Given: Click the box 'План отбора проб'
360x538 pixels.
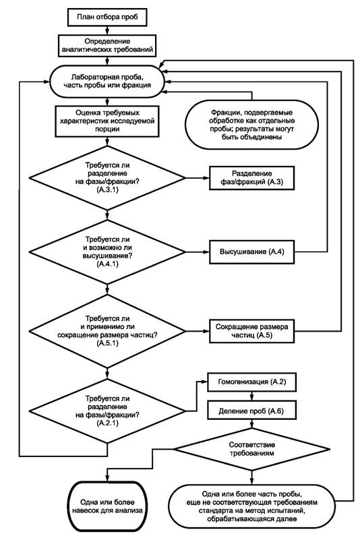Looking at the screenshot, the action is point(107,17).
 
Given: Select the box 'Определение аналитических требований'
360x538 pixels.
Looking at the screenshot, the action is point(107,45).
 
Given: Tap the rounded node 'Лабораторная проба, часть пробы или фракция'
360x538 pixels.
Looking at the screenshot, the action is point(107,82).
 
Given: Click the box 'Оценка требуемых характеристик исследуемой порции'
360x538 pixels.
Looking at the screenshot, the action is point(107,121).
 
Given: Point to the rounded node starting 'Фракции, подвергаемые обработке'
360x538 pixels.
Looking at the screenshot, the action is point(251,125).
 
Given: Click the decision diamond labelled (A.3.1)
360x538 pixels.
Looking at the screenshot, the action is point(107,178).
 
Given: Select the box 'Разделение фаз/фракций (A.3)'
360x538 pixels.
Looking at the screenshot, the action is point(252,178).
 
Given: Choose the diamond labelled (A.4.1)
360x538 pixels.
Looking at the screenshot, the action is point(107,252).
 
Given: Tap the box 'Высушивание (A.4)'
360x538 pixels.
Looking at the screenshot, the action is point(252,252).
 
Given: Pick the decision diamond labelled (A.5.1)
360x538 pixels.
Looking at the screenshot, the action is point(107,331).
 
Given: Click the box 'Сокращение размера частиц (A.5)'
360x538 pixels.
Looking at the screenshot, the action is point(252,331).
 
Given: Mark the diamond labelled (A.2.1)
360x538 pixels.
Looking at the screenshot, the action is point(107,411).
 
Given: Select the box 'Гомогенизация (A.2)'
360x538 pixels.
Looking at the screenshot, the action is point(251,382).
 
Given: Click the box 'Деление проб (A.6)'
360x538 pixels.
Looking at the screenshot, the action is point(251,411).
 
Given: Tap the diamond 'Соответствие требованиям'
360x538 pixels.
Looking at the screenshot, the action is point(251,449).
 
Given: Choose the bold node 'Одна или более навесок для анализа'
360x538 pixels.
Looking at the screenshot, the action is point(107,506).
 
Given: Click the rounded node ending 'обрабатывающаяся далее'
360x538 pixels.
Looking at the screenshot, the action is point(251,506).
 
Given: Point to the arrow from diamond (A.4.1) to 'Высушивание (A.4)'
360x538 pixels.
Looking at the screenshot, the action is point(198,252).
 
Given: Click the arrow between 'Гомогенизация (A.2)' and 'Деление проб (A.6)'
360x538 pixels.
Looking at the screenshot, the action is point(251,396).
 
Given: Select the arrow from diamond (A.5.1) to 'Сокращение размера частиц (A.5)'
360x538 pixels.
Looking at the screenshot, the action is point(198,331).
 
